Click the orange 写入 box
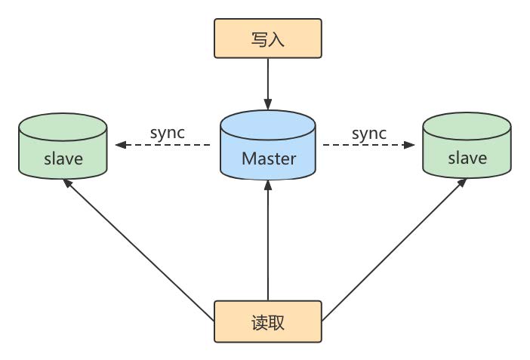(268, 38)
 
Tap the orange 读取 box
(268, 322)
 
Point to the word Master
(268, 158)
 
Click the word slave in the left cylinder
(63, 158)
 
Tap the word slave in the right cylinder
(467, 158)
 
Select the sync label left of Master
(168, 133)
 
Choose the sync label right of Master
(368, 133)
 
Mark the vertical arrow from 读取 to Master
(268, 242)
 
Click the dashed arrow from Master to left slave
(162, 145)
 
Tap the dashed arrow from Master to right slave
(370, 145)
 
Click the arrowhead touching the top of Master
(268, 103)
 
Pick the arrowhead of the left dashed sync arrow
(119, 145)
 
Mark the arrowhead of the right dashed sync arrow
(413, 145)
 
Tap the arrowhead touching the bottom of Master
(268, 186)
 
